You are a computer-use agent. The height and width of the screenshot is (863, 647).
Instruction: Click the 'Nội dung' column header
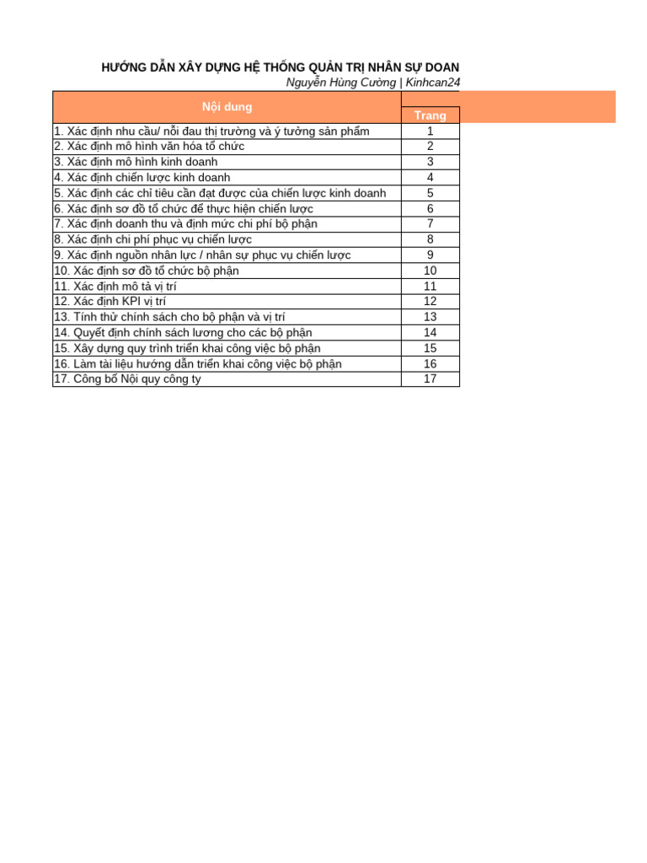[227, 107]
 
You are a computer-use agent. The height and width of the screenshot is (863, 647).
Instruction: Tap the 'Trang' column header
[430, 115]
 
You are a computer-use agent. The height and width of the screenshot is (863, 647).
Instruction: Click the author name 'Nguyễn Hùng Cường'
[340, 83]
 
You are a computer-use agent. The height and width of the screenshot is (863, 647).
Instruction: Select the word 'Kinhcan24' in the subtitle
[433, 83]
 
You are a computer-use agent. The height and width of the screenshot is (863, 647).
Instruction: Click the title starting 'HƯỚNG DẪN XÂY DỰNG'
[281, 67]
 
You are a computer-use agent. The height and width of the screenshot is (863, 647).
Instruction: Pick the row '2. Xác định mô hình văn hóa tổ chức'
[149, 147]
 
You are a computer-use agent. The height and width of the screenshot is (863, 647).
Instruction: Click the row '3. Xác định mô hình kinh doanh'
[136, 162]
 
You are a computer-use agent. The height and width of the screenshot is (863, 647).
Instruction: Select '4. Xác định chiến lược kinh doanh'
[142, 178]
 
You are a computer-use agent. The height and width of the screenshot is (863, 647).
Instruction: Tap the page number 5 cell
[430, 193]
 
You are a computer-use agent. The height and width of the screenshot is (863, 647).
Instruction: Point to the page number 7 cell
[430, 224]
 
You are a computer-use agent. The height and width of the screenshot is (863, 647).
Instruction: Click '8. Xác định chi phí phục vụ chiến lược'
[152, 239]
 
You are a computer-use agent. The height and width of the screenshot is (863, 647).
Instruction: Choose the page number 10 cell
[430, 271]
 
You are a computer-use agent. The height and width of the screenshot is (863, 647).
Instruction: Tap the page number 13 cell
[430, 317]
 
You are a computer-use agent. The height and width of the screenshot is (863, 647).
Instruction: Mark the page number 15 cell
[430, 348]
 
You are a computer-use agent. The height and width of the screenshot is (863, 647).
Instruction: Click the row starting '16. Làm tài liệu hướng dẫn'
[197, 364]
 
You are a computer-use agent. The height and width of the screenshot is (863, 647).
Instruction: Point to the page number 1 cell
[430, 131]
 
